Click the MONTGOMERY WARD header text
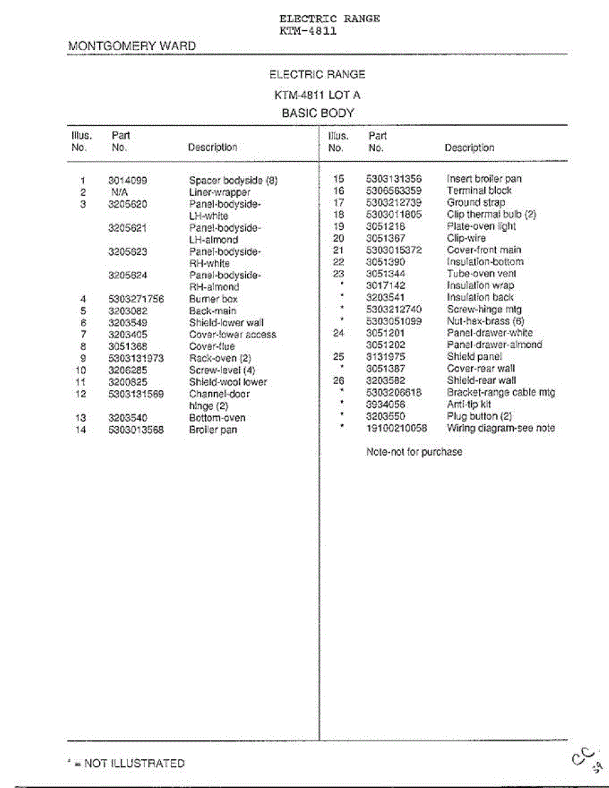pos(132,46)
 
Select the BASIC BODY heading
pos(318,113)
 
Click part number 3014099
pos(127,181)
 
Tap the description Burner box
pos(214,299)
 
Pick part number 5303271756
pos(136,299)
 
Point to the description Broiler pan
pos(214,430)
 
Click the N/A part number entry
pos(119,192)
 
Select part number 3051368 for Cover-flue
pos(127,347)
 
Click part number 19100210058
pos(396,428)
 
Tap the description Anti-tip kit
pos(469,405)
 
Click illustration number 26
pos(339,380)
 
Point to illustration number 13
pos(81,418)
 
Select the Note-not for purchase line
pos(414,452)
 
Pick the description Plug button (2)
pos(480,416)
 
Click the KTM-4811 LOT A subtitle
pos(317,95)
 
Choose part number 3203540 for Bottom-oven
pos(127,418)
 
